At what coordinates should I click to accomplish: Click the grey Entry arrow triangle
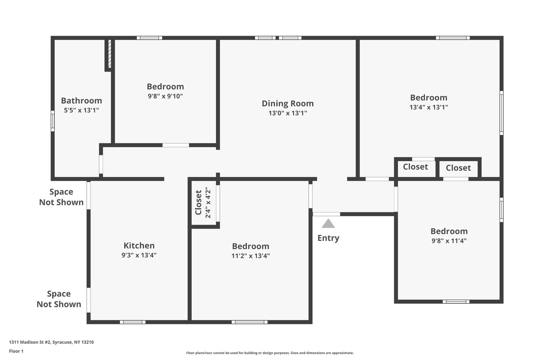pos(328,224)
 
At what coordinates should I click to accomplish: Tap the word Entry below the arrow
pos(328,238)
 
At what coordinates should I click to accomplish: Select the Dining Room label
pos(288,103)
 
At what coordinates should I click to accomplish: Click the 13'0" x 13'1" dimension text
pos(288,113)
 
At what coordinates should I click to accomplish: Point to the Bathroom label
pos(81,101)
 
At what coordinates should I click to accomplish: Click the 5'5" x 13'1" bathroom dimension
pos(81,110)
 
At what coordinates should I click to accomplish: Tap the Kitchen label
pos(139,246)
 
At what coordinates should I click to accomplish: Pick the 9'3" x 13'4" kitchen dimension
pos(139,255)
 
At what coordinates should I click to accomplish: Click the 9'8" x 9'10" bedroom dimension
pos(165,96)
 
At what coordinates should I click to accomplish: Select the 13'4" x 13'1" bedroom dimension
pos(429,107)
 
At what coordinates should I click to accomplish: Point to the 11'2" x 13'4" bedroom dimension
pos(250,256)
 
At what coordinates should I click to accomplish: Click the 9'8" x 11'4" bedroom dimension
pos(449,241)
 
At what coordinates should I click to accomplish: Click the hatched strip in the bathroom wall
pos(110,54)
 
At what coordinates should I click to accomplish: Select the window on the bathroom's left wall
pos(52,121)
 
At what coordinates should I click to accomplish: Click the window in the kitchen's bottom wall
pos(133,322)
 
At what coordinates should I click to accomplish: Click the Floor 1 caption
pos(16,351)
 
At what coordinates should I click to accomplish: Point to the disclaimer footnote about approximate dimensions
pos(270,353)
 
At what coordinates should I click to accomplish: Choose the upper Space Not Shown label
pos(61,197)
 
